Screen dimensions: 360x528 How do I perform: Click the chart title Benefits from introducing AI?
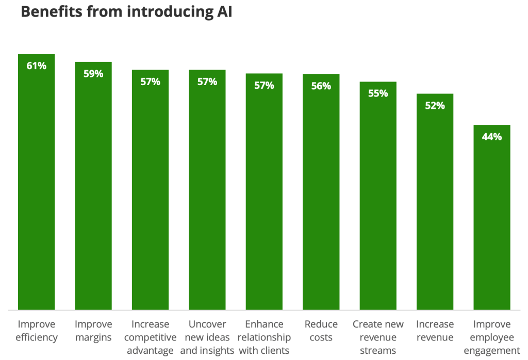tap(126, 13)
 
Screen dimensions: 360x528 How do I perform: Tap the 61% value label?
tap(37, 66)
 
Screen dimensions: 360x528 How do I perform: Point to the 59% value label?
tap(93, 74)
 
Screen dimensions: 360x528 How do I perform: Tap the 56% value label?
tap(321, 86)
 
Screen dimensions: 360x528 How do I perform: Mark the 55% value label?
tap(378, 94)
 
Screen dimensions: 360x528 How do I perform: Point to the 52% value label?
tap(435, 106)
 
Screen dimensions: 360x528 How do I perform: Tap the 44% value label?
tap(491, 137)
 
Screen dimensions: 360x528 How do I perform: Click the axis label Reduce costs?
tap(321, 331)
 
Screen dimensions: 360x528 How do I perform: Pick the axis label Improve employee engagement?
tap(491, 337)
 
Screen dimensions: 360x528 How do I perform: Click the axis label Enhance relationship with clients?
tap(264, 337)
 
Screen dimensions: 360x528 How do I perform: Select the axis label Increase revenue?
tap(435, 331)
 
